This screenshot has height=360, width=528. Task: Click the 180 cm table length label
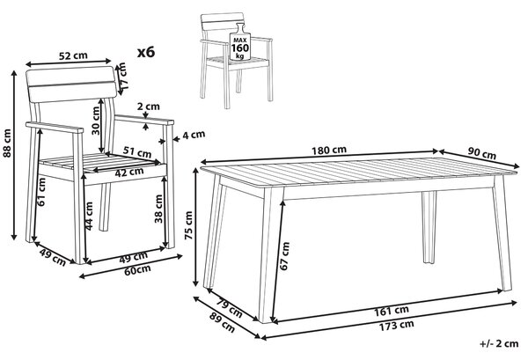click(x=328, y=150)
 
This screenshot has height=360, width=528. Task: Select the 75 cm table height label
click(x=188, y=225)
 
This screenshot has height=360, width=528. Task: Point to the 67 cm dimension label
click(x=285, y=256)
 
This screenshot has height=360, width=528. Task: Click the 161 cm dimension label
click(x=392, y=311)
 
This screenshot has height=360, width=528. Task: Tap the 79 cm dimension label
click(x=230, y=308)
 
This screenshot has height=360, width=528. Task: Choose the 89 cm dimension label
click(x=223, y=323)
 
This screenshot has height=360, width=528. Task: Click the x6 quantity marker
click(x=146, y=52)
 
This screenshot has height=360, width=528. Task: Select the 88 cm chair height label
click(x=7, y=143)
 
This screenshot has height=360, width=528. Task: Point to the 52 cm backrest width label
click(x=73, y=55)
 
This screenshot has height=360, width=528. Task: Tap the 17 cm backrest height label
click(x=122, y=76)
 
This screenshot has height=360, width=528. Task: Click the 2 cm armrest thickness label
click(x=149, y=107)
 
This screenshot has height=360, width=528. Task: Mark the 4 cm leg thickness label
click(x=194, y=135)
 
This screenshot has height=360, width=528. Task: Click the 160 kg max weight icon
click(x=239, y=42)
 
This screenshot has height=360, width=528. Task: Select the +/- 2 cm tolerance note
click(x=499, y=343)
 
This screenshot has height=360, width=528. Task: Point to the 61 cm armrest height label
click(x=41, y=192)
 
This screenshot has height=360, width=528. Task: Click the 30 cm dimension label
click(x=96, y=121)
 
